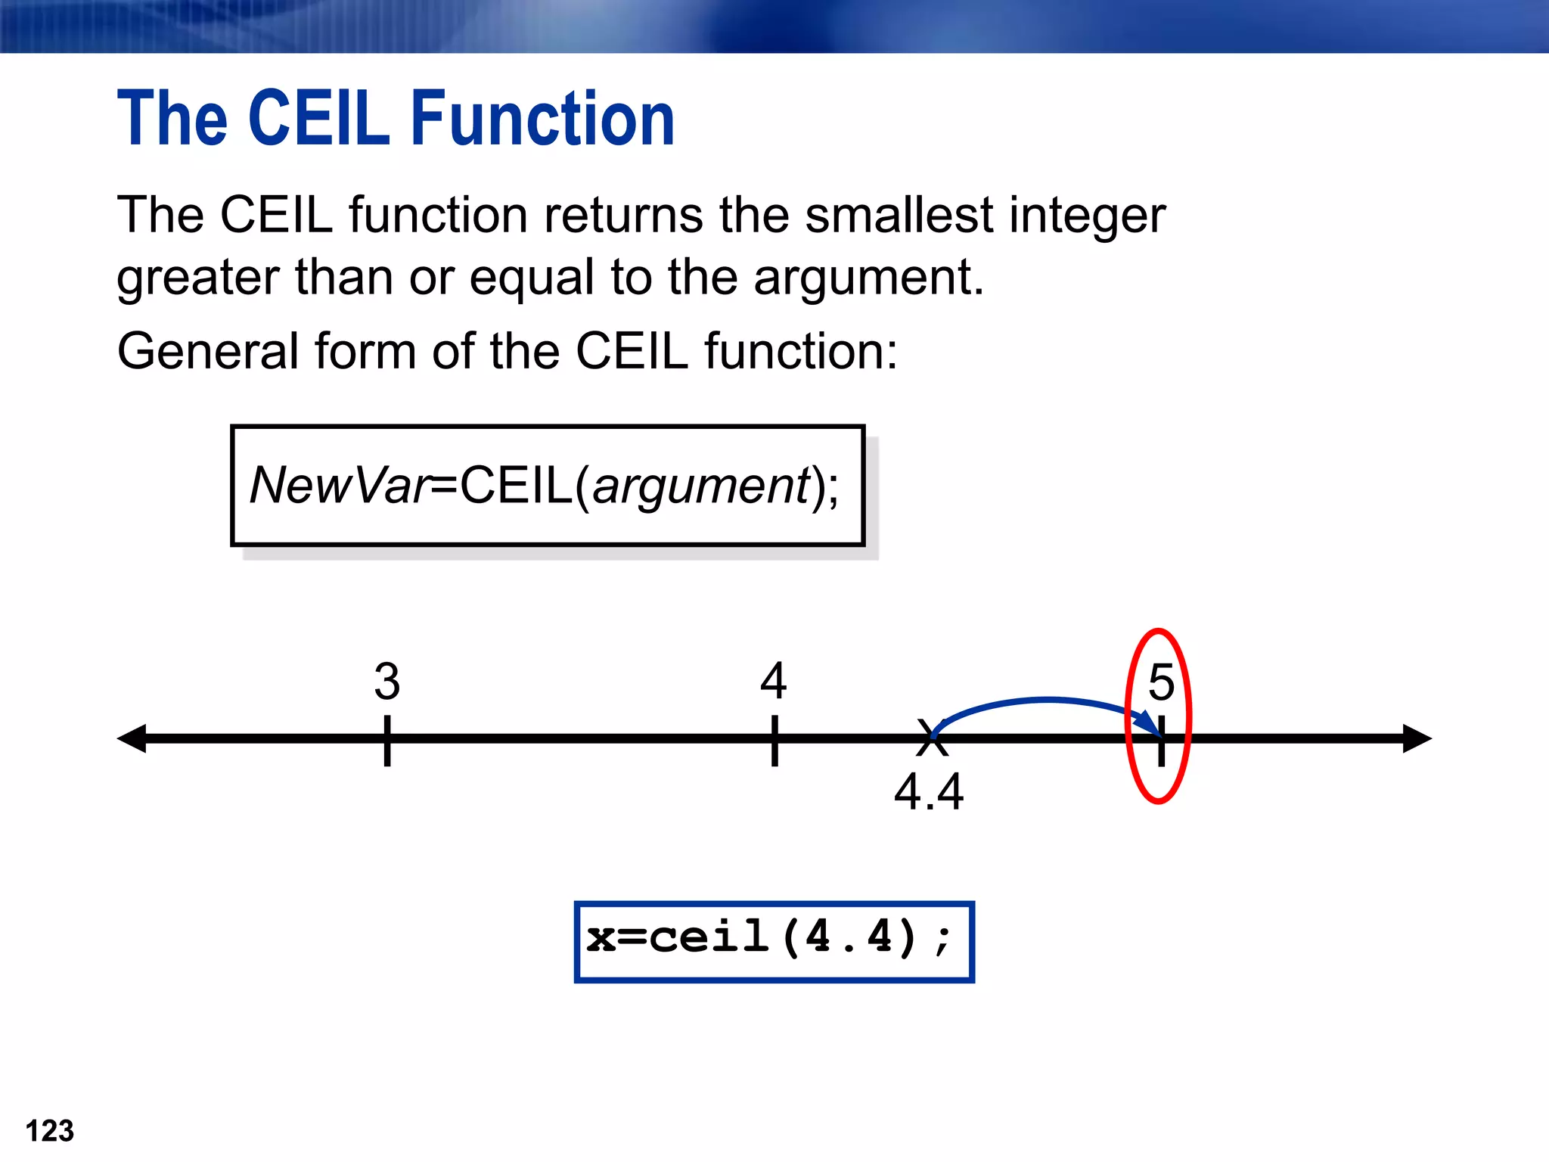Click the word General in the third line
208,352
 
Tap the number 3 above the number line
386,681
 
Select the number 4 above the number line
773,680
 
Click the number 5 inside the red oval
1160,682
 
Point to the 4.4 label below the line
928,792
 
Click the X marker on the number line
931,738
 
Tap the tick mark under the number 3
387,741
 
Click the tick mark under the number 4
774,741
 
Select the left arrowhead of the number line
133,738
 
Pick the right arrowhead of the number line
1416,738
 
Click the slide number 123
50,1131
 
